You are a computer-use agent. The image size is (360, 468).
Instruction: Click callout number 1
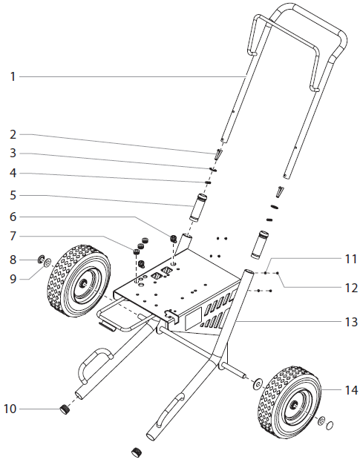click(13, 76)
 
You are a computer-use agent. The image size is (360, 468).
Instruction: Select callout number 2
click(13, 134)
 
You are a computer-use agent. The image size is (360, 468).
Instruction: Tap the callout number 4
click(13, 174)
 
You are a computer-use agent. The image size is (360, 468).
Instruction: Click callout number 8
click(13, 258)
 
